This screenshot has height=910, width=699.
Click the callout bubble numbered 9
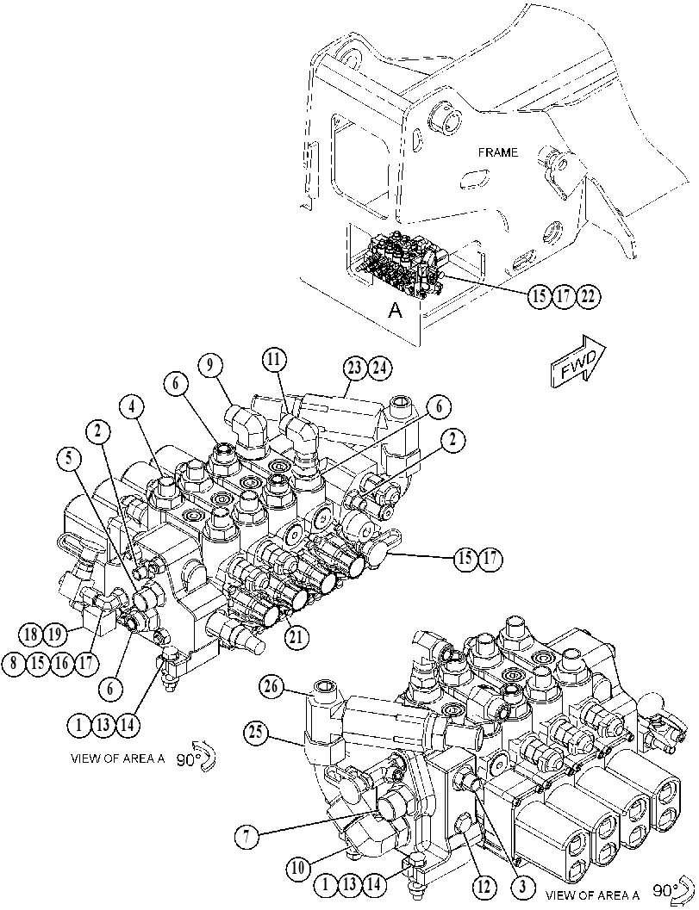point(209,366)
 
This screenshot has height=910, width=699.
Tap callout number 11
point(274,360)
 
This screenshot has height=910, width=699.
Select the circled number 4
point(133,407)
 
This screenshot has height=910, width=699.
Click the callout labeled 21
point(296,636)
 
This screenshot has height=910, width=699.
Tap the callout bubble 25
point(256,733)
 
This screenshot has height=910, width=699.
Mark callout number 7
point(247,836)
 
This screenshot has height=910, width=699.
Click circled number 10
point(298,868)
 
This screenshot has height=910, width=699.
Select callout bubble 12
point(484,887)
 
